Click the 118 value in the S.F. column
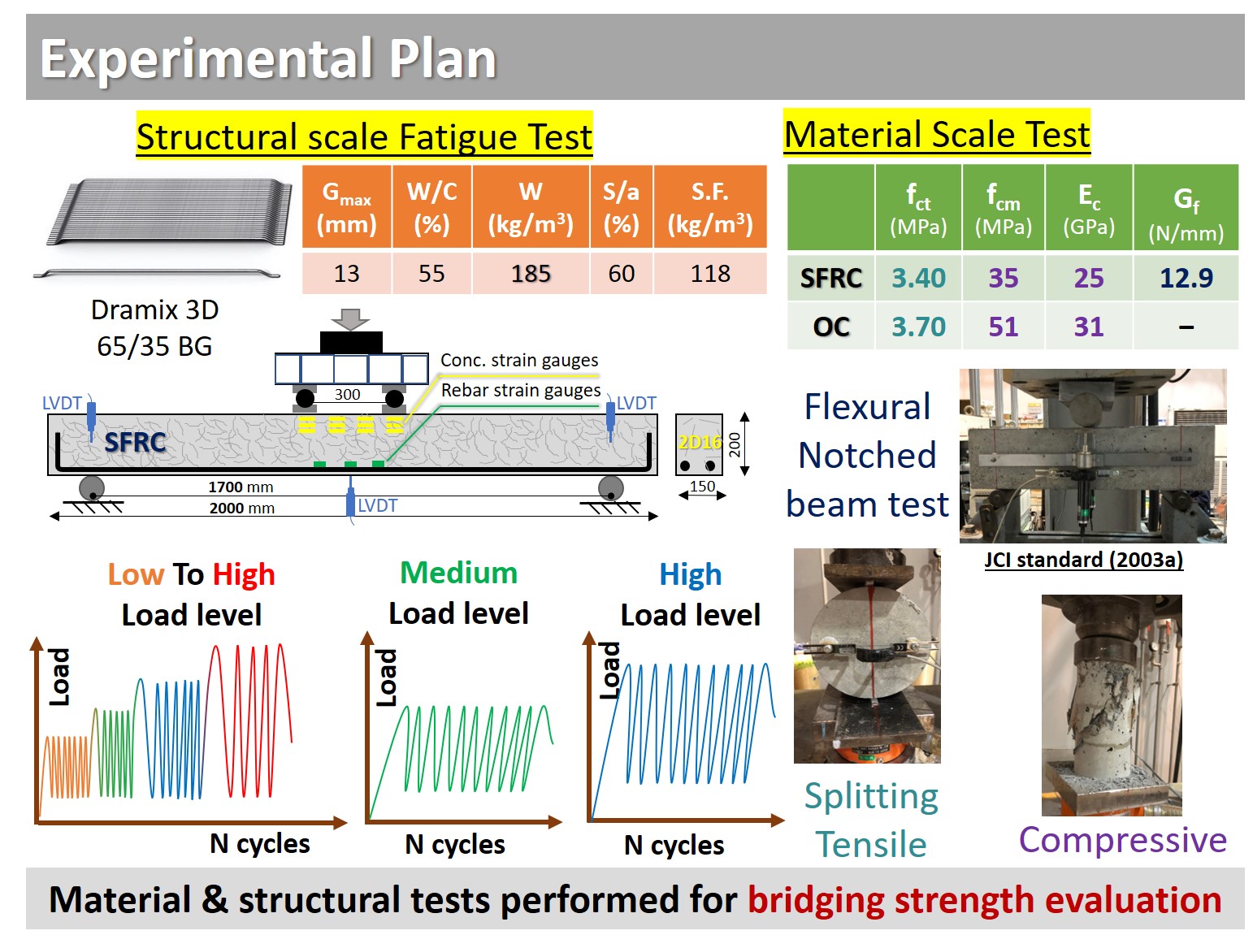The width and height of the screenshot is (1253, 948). click(710, 274)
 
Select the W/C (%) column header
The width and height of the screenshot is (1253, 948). click(431, 208)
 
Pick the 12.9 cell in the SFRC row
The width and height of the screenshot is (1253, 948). click(1186, 279)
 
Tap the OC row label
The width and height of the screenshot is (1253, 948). click(830, 327)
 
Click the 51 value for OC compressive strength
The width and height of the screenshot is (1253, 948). click(1003, 327)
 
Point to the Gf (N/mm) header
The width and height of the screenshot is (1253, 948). click(1186, 215)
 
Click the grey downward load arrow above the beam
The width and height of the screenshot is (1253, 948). click(350, 319)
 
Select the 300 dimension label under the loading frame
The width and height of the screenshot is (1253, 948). click(347, 394)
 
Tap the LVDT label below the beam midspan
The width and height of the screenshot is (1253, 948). click(377, 505)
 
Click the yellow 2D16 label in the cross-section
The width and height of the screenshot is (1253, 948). click(700, 443)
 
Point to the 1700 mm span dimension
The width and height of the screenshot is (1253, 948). click(241, 487)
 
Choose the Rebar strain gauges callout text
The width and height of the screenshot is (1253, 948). click(521, 390)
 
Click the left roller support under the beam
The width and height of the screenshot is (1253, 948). click(91, 488)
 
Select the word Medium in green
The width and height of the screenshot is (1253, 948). click(458, 573)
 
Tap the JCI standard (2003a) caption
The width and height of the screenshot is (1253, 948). click(1083, 560)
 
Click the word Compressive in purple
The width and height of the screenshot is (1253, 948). click(1122, 840)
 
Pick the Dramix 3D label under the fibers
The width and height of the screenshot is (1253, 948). click(154, 310)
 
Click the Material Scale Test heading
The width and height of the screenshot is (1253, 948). click(937, 135)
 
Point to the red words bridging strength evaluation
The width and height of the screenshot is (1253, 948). click(984, 900)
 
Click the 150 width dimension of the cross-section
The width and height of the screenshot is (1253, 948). click(701, 486)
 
